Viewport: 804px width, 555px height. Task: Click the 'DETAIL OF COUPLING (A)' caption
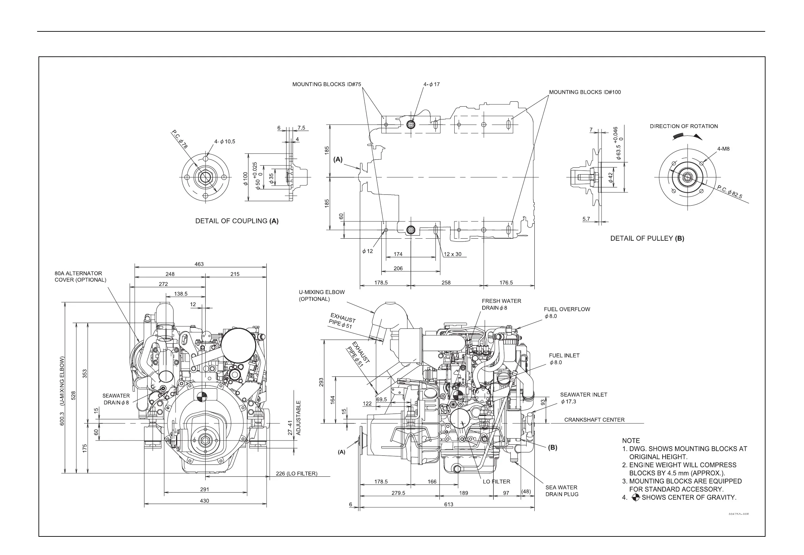pos(237,221)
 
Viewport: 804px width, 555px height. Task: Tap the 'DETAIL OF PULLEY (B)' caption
pos(647,238)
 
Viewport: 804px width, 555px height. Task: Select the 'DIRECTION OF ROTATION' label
pos(684,126)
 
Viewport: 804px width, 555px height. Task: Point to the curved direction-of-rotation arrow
pos(687,136)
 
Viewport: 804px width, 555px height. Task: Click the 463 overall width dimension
pos(199,264)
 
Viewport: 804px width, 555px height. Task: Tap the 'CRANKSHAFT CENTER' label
pos(594,420)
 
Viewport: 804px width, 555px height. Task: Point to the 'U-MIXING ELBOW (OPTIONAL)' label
pos(322,296)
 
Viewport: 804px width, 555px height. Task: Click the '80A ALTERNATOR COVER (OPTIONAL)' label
pos(80,276)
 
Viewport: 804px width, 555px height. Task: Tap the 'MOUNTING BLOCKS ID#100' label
pos(585,92)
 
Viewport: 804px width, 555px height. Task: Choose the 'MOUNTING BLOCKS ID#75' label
pos(326,84)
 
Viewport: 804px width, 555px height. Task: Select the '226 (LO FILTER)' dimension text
pos(296,474)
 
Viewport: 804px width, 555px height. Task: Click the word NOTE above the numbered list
pos(631,441)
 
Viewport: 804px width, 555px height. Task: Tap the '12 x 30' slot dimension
pos(453,254)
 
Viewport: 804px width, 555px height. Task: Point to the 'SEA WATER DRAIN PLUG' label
pos(562,491)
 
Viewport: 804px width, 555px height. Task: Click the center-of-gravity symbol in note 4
pos(635,498)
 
